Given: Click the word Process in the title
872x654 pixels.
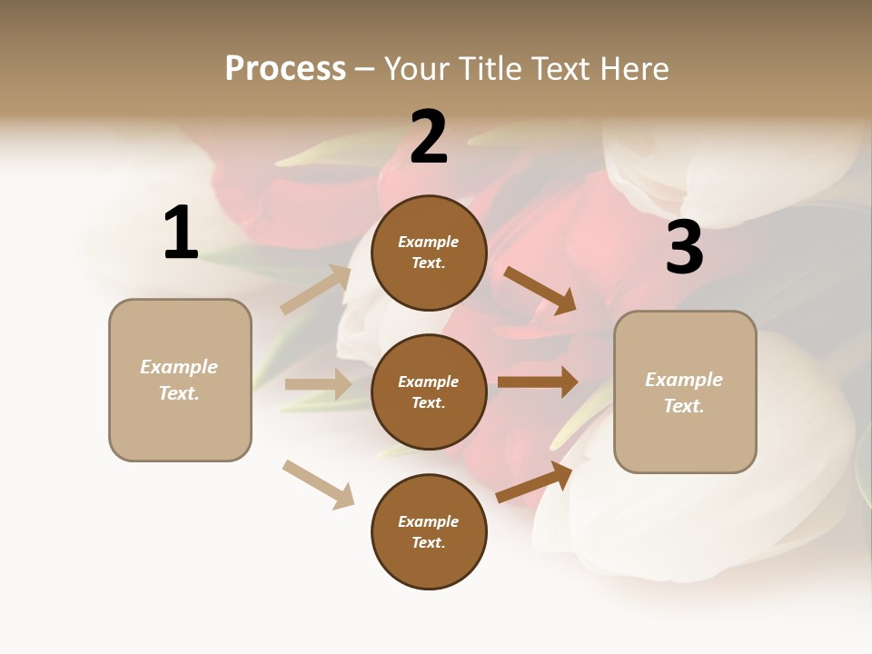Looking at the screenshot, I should pyautogui.click(x=285, y=69).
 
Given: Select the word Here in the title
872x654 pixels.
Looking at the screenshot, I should pyautogui.click(x=631, y=69).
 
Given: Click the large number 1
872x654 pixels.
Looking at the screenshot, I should pyautogui.click(x=181, y=233).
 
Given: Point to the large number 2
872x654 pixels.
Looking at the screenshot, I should pyautogui.click(x=429, y=138).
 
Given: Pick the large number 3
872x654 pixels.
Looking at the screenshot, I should pyautogui.click(x=684, y=247).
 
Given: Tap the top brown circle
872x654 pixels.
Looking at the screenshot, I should pyautogui.click(x=429, y=253).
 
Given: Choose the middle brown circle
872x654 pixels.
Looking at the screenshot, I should pyautogui.click(x=429, y=391).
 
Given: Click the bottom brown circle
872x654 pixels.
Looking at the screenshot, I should pyautogui.click(x=429, y=531).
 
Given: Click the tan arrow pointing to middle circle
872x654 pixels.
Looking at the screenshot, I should pyautogui.click(x=318, y=384).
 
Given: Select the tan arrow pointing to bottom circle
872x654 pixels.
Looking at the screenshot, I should pyautogui.click(x=318, y=484).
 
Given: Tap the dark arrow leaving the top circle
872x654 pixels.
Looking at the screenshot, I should pyautogui.click(x=540, y=290).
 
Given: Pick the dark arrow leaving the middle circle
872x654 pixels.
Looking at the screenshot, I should pyautogui.click(x=538, y=381).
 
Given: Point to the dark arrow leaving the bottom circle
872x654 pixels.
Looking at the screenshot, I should pyautogui.click(x=534, y=481).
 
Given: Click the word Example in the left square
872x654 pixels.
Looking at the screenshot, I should pyautogui.click(x=179, y=367).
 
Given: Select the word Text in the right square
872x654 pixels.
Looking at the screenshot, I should pyautogui.click(x=683, y=406).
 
